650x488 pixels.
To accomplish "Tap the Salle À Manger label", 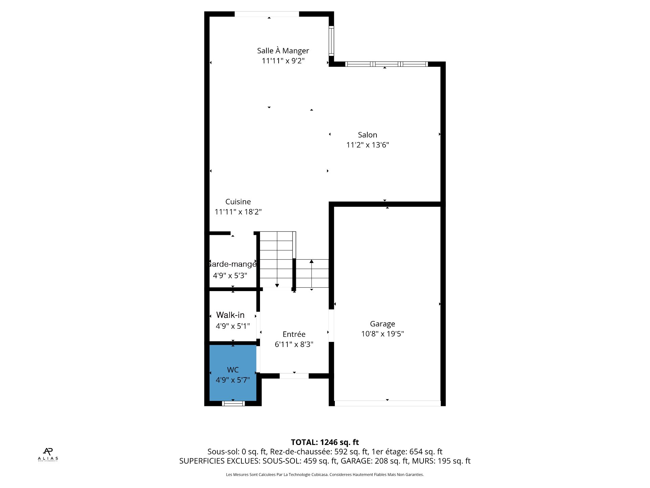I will coord(283,51).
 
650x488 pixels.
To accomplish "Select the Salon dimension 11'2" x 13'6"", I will coord(367,145).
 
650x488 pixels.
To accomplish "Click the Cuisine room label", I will coord(238,202).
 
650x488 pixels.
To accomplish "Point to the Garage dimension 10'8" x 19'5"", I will coord(382,334).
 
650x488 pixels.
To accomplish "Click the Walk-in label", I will coord(230,315).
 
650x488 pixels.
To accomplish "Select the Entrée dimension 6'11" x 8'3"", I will coord(294,344).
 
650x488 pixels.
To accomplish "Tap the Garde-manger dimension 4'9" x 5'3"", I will coord(230,276).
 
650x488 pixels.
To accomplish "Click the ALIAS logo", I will coord(48,454).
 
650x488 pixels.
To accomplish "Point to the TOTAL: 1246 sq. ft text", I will coord(325,442).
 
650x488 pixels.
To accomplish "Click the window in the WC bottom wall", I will coord(233,403).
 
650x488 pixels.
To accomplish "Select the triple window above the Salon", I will coord(386,64).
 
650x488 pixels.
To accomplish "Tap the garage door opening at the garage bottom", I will coord(387,403).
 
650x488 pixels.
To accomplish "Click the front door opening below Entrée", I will coord(294,376).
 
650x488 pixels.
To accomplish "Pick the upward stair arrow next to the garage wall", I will coord(311,262).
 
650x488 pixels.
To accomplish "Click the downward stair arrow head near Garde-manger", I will coord(277,285).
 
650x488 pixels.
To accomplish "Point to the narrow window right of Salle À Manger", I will coord(331,41).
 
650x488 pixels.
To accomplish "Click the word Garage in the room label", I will coord(382,324).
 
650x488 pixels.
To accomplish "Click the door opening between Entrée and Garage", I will coord(331,326).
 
